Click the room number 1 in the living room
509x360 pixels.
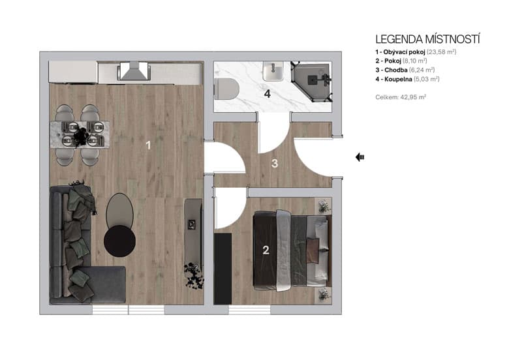tap(148, 145)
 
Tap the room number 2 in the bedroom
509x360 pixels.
tap(266, 250)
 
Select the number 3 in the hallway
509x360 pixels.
tap(275, 164)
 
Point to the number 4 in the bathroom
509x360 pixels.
tap(267, 93)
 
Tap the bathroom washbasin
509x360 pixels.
tap(273, 71)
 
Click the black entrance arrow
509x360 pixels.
tap(360, 157)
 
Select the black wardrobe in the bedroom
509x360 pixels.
tap(223, 267)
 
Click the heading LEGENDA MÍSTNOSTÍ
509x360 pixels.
tap(427, 39)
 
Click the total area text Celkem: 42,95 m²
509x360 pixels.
tap(401, 97)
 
